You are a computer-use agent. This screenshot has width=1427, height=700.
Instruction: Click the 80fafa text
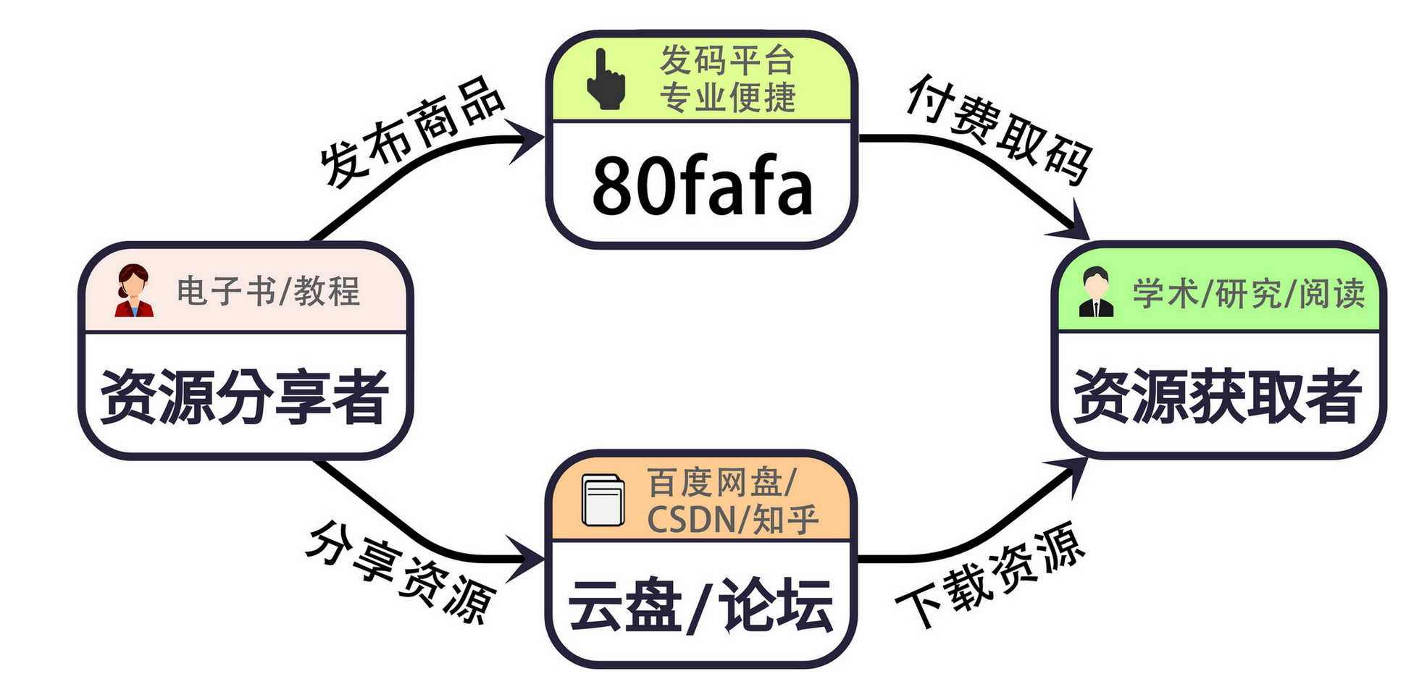701,186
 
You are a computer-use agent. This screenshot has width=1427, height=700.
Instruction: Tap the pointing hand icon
605,80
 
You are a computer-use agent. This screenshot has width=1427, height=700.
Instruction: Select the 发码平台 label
727,59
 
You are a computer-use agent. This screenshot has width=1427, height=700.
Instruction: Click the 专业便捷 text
727,98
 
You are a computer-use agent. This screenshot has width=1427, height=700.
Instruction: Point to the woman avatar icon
133,290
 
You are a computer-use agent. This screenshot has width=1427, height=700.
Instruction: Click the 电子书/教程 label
268,292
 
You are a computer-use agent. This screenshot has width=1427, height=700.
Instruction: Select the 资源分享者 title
245,396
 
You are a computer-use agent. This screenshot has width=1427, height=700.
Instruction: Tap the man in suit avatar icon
1095,292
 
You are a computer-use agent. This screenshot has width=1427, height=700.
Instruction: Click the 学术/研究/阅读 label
1248,294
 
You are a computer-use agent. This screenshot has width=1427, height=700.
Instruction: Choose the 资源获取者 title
1218,396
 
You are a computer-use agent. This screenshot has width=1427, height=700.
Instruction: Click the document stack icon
603,500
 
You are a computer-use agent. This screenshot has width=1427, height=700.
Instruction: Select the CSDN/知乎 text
732,520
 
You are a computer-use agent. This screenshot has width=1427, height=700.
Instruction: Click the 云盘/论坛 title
700,606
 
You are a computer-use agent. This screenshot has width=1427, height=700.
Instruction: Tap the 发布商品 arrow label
411,132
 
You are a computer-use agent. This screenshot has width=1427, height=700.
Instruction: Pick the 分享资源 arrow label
401,572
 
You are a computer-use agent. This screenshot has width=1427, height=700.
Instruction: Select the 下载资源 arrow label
991,575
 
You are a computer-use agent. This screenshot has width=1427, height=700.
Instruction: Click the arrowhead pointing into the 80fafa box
527,138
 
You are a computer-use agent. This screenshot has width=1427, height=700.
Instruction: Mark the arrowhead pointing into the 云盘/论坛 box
527,558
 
